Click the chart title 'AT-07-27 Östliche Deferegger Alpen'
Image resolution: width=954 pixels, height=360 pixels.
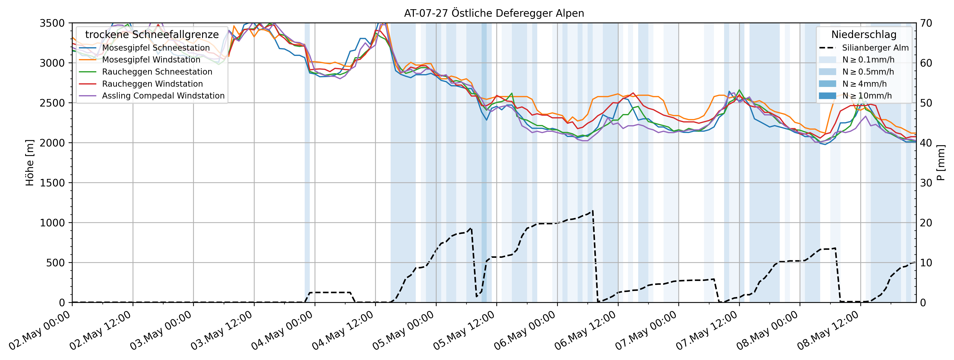click(494, 13)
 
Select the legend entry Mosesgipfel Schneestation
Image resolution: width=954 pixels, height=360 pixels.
click(156, 48)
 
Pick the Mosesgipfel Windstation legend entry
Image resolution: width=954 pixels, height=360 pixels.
click(151, 60)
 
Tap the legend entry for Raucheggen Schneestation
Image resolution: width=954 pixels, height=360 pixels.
click(157, 72)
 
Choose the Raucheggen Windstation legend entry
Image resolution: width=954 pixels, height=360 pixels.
click(152, 84)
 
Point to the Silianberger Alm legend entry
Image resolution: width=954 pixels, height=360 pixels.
click(875, 48)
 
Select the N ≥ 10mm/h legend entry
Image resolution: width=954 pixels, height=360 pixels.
click(867, 96)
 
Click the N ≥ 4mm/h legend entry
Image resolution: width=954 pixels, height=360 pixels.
click(864, 84)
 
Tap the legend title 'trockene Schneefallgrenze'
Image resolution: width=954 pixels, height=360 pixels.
click(152, 34)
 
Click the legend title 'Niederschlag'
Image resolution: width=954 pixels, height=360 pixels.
click(864, 34)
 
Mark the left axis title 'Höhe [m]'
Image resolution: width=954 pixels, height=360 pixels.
click(30, 163)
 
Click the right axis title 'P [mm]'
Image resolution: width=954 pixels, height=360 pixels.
click(941, 163)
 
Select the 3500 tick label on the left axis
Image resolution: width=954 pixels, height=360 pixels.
click(52, 23)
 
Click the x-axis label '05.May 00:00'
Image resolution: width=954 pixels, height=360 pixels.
click(404, 330)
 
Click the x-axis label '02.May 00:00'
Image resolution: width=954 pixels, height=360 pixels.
click(40, 330)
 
